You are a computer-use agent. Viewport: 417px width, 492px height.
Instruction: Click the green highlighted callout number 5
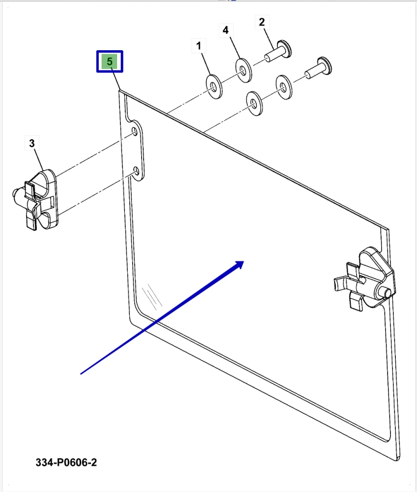[110, 61]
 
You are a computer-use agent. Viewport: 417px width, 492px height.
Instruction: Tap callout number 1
[199, 46]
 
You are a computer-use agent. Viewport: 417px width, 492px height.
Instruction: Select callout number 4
[225, 30]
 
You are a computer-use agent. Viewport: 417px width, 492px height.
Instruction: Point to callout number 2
[262, 22]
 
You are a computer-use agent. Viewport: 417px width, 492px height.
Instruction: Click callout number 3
[31, 143]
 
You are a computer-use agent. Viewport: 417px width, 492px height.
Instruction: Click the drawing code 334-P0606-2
[66, 462]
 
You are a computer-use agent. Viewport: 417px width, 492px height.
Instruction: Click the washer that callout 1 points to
[214, 86]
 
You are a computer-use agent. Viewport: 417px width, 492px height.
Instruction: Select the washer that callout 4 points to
[243, 70]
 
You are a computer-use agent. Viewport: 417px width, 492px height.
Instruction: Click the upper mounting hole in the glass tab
[135, 131]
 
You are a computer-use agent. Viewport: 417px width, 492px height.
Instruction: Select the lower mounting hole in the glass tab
[136, 171]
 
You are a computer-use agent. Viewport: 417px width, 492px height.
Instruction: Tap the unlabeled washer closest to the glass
[255, 103]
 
